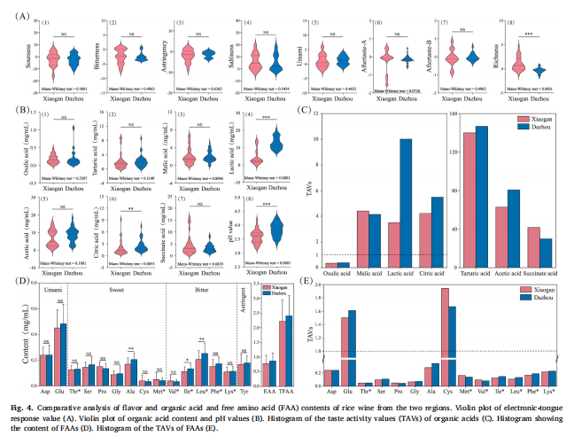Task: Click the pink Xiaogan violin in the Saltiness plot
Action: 254,62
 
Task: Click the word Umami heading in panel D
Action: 52,290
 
